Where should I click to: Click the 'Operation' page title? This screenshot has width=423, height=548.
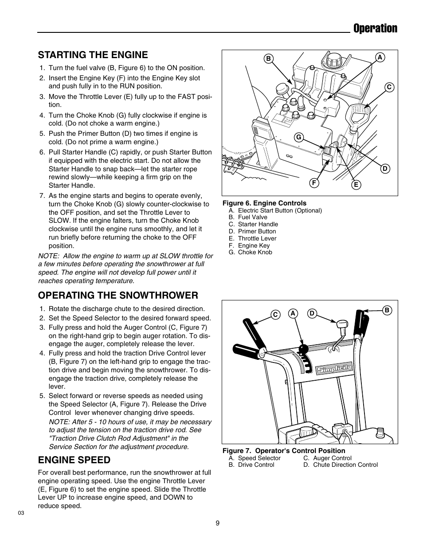(375, 28)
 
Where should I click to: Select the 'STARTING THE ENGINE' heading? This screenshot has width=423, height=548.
(93, 55)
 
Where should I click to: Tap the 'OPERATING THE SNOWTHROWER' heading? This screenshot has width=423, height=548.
(118, 295)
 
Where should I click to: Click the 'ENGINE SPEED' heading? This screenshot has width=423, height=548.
(74, 459)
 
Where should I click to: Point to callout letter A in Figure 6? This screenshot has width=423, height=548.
(380, 57)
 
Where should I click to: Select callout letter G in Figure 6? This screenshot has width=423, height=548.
(299, 137)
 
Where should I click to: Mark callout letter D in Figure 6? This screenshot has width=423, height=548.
(384, 169)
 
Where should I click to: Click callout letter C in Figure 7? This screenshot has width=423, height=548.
(275, 315)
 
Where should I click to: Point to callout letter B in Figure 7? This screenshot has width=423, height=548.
(387, 310)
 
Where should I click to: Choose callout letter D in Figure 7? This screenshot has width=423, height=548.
(312, 313)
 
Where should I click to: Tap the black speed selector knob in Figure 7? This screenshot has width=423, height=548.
(304, 348)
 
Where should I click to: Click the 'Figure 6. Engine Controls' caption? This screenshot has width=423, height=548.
(264, 203)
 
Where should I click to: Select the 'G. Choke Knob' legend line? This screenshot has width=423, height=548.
(251, 252)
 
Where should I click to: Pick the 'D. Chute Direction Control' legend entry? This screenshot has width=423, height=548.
(341, 465)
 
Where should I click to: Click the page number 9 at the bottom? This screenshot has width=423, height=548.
(217, 523)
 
